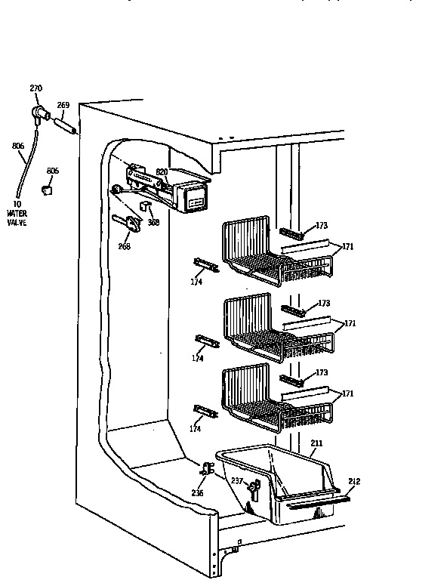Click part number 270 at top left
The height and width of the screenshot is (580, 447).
click(x=35, y=88)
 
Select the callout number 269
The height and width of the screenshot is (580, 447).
click(x=63, y=105)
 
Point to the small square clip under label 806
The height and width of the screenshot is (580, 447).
click(x=48, y=191)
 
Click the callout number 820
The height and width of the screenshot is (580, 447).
click(x=162, y=171)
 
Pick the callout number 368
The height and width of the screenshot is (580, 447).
click(x=153, y=223)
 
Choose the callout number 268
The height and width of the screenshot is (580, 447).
click(x=123, y=245)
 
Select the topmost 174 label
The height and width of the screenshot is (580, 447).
click(x=197, y=282)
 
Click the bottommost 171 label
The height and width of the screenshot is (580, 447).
click(x=349, y=394)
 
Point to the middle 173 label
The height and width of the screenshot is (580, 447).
click(x=323, y=303)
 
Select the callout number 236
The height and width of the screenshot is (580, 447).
click(x=198, y=492)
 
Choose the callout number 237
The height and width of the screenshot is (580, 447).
click(x=236, y=481)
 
